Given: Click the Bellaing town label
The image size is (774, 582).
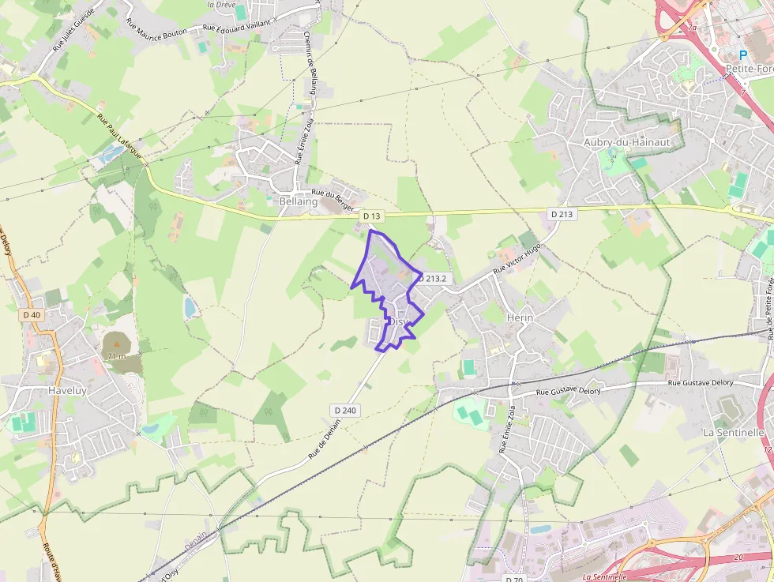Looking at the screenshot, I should [298, 202].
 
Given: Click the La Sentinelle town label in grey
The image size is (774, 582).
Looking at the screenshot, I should [733, 433].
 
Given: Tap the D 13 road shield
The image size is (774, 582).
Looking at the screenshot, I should [371, 216].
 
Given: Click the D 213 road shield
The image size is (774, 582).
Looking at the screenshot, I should [561, 214].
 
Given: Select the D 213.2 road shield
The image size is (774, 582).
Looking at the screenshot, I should [434, 279].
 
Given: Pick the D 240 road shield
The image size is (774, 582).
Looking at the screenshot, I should [345, 410].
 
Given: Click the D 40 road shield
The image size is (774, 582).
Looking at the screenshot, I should [31, 315].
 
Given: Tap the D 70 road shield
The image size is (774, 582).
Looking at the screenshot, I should [514, 578].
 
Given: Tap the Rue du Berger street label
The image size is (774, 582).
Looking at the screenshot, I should [333, 196].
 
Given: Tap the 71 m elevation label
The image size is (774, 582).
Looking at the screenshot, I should [116, 356].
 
